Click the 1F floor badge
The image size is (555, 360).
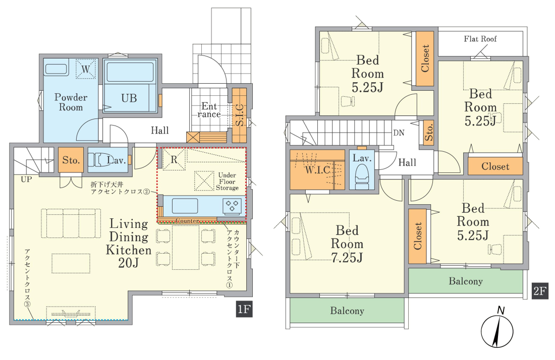(x=244, y=309)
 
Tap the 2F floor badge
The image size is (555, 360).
(x=540, y=291)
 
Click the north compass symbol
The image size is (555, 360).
(x=497, y=330)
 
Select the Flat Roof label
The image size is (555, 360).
(x=480, y=38)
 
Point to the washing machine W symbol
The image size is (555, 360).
(x=86, y=69)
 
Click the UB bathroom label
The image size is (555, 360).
(x=129, y=98)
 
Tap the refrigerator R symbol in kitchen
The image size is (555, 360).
(x=174, y=159)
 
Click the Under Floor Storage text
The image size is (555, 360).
(x=227, y=182)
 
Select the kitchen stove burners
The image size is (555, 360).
(x=232, y=206)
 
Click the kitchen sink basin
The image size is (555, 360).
(x=185, y=205)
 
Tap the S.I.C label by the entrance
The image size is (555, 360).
(x=240, y=115)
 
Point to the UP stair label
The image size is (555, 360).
(x=26, y=179)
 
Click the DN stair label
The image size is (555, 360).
(x=399, y=133)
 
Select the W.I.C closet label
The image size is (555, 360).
(x=318, y=170)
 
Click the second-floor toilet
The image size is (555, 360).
(x=361, y=177)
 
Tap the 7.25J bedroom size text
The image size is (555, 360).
(x=347, y=258)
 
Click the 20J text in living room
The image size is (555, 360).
(x=129, y=263)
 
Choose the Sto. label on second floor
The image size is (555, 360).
(x=429, y=132)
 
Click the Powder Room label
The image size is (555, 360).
(x=71, y=102)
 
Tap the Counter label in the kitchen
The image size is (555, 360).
(x=187, y=221)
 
